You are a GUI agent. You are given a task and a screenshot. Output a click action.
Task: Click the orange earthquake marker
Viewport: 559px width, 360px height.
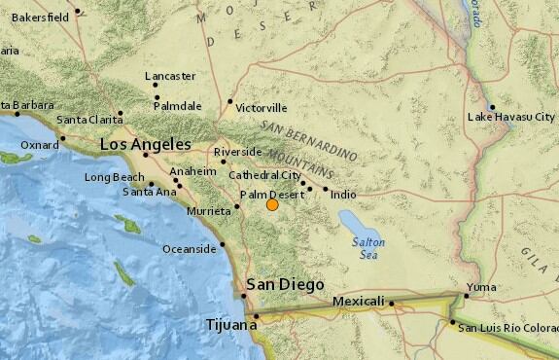click(272, 204)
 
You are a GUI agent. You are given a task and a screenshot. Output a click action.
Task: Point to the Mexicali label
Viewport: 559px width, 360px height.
click(359, 302)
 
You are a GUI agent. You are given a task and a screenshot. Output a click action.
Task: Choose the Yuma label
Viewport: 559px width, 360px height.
click(481, 287)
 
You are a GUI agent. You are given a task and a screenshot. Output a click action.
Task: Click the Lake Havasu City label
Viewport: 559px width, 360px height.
click(511, 117)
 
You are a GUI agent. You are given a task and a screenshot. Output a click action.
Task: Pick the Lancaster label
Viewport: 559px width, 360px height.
click(170, 75)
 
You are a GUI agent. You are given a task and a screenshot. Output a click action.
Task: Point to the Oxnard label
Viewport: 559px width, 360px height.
click(39, 146)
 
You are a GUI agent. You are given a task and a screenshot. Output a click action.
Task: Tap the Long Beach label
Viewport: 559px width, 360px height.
click(114, 177)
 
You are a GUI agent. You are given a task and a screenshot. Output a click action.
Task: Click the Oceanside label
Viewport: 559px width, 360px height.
click(189, 249)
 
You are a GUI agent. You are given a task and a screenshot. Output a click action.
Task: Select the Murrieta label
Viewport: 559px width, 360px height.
click(209, 210)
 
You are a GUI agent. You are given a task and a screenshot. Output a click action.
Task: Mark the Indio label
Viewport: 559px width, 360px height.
click(343, 195)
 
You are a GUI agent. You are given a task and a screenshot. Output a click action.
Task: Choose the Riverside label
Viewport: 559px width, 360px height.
click(239, 152)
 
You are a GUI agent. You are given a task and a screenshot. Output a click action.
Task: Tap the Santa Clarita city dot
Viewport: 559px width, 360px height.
click(121, 113)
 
